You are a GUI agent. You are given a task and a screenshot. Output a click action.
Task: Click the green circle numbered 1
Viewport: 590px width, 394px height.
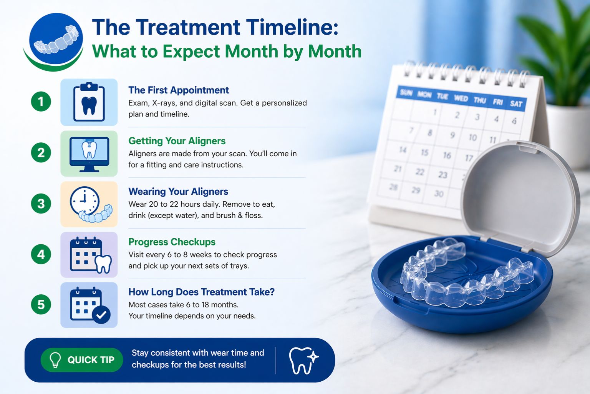coord(41,102)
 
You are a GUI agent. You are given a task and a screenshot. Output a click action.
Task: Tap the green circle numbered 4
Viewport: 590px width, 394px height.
coord(41,254)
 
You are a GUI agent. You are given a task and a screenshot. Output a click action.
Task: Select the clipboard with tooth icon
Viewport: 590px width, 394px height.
coord(89,102)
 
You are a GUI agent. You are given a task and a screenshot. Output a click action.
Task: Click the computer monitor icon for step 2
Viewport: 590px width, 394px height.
coord(89,154)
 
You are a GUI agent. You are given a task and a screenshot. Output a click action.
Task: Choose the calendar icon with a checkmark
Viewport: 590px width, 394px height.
coord(89,305)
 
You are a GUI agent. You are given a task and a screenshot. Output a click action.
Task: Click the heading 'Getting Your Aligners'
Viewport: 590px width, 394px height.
coord(177,141)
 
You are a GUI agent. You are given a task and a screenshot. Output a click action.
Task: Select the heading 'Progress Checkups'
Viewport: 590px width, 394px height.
coord(172,242)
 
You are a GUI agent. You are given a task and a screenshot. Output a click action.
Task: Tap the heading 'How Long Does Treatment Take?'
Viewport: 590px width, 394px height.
coord(201,292)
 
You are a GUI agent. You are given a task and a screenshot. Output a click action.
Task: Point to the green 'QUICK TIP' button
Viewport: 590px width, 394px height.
coord(82,360)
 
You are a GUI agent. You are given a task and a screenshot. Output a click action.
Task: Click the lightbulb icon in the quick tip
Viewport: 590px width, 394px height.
coord(55,360)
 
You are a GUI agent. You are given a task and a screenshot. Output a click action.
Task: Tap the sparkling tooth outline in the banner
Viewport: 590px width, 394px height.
coord(303,361)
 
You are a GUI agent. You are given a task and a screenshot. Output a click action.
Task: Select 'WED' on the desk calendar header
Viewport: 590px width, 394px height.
coord(461,98)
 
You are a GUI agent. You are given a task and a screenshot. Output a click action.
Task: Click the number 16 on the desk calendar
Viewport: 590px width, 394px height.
coord(447,155)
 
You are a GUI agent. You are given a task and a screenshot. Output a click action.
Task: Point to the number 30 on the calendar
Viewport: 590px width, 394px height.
coord(439,194)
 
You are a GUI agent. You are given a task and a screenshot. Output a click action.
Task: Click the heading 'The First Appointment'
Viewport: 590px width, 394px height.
coord(179,90)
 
